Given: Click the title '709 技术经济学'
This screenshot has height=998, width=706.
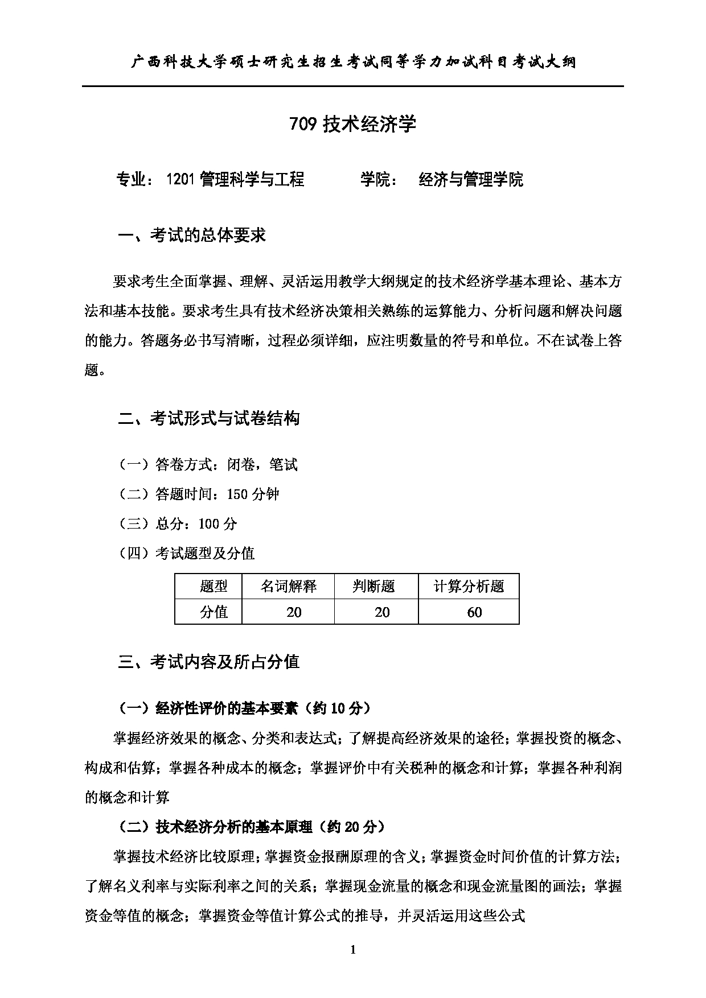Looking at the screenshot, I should coord(352,124).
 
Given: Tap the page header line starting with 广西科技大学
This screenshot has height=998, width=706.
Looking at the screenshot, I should coord(352,61).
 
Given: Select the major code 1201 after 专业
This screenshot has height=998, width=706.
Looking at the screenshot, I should coord(181,180).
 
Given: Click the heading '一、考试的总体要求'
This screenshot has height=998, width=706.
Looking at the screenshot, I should coord(192,235).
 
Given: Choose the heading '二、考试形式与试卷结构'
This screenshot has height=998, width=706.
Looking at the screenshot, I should coord(208,419).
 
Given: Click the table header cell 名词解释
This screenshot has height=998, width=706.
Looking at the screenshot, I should coord(288,586).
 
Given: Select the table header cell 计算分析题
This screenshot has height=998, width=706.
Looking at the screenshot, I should coord(469,586).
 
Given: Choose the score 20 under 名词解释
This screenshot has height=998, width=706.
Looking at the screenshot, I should coord(294,612).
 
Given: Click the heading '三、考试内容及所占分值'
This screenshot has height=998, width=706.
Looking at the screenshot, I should coord(208,662).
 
